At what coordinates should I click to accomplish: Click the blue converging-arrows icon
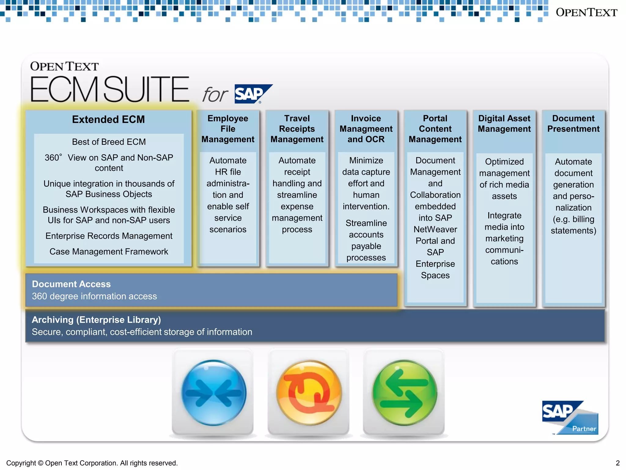[x=213, y=393]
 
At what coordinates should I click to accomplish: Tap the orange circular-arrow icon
[x=309, y=393]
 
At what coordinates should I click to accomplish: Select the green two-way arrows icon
[x=404, y=393]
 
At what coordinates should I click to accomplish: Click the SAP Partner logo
[x=570, y=417]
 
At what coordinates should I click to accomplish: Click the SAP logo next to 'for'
[x=253, y=94]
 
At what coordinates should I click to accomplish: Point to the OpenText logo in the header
[x=586, y=13]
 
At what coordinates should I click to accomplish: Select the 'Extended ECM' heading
[x=109, y=119]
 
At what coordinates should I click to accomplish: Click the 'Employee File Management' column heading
[x=228, y=129]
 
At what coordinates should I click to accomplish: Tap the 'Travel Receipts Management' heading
[x=297, y=129]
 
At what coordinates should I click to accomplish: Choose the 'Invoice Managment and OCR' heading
[x=366, y=129]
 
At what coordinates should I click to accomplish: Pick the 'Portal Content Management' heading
[x=435, y=129]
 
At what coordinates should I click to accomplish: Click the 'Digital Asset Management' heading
[x=504, y=124]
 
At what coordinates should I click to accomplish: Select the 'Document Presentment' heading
[x=573, y=124]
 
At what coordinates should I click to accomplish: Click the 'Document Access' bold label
[x=71, y=284]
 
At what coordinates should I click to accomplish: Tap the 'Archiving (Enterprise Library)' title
[x=96, y=320]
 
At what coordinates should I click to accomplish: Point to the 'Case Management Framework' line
[x=109, y=252]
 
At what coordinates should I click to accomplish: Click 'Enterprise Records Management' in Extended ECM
[x=109, y=236]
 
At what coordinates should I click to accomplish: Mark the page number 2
[x=617, y=463]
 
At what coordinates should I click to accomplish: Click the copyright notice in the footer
[x=92, y=463]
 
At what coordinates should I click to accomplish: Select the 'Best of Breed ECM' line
[x=109, y=142]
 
